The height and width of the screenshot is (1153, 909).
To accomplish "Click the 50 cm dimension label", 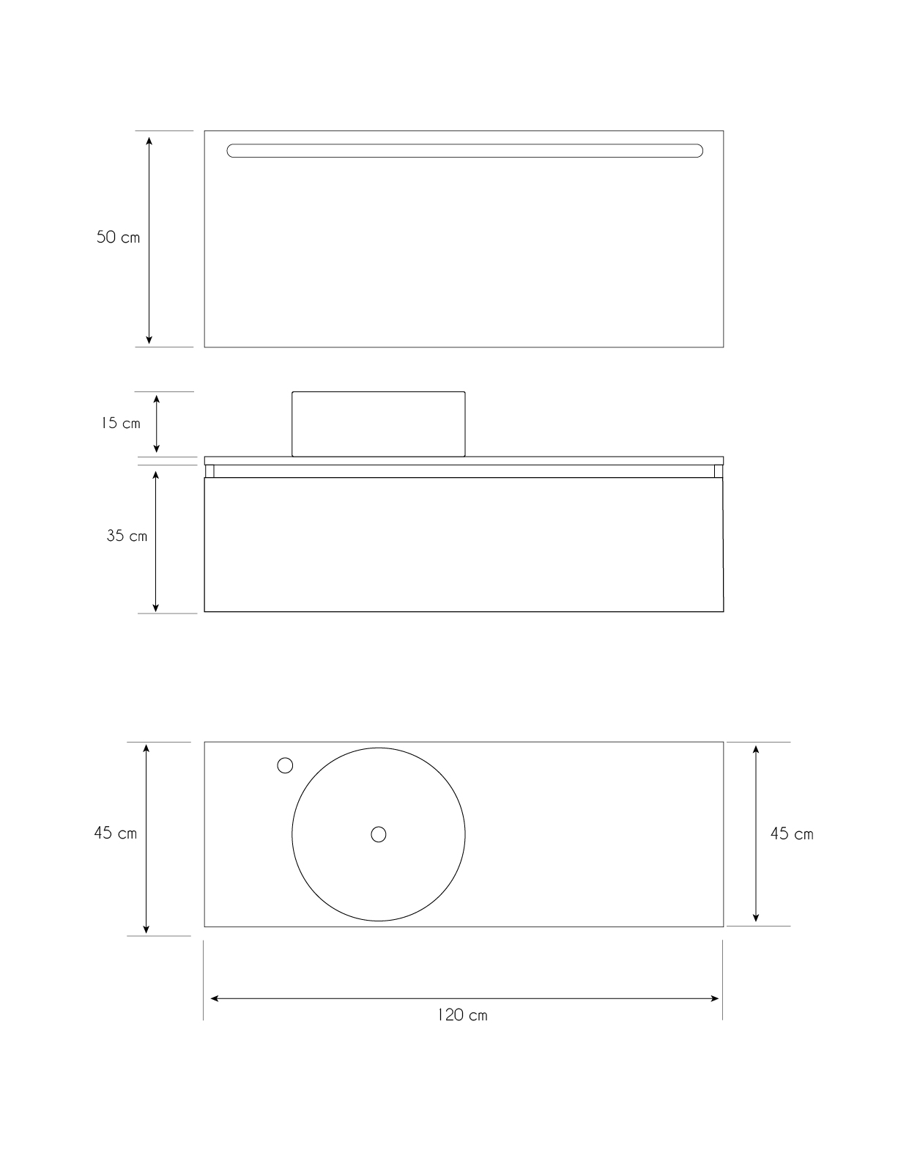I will [x=118, y=237].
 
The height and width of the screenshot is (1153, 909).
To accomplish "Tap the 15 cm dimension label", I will [x=121, y=424].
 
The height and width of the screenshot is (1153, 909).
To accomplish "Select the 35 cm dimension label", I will [x=127, y=536].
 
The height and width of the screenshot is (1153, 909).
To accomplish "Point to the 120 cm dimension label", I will [x=462, y=1015].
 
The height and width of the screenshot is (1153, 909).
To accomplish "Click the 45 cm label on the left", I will [x=115, y=833].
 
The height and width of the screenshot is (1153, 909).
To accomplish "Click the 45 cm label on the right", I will [x=792, y=834].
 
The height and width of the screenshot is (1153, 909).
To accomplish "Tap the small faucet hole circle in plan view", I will [x=285, y=765].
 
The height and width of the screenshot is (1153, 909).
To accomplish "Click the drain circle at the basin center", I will [x=379, y=834].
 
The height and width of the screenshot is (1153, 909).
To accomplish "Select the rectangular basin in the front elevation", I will [x=379, y=424].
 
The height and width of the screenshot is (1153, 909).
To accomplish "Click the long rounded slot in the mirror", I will [x=464, y=151].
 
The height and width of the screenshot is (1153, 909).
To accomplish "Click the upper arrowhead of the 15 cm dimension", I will [x=156, y=399].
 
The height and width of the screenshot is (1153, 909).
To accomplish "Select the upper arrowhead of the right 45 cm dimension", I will [x=756, y=749].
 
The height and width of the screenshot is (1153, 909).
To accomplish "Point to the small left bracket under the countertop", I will [x=209, y=471].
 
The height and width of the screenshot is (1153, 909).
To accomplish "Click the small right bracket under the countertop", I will [x=719, y=471].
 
